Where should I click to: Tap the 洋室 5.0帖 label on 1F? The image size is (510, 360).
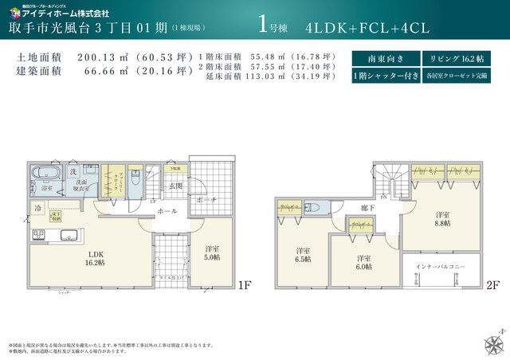(212, 252)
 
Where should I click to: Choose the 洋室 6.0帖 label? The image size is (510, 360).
(363, 264)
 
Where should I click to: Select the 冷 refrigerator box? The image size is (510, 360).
(37, 208)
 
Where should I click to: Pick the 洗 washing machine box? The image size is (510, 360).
(73, 171)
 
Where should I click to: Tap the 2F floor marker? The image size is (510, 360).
(493, 284)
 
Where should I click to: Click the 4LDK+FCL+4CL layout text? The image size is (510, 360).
(367, 27)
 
